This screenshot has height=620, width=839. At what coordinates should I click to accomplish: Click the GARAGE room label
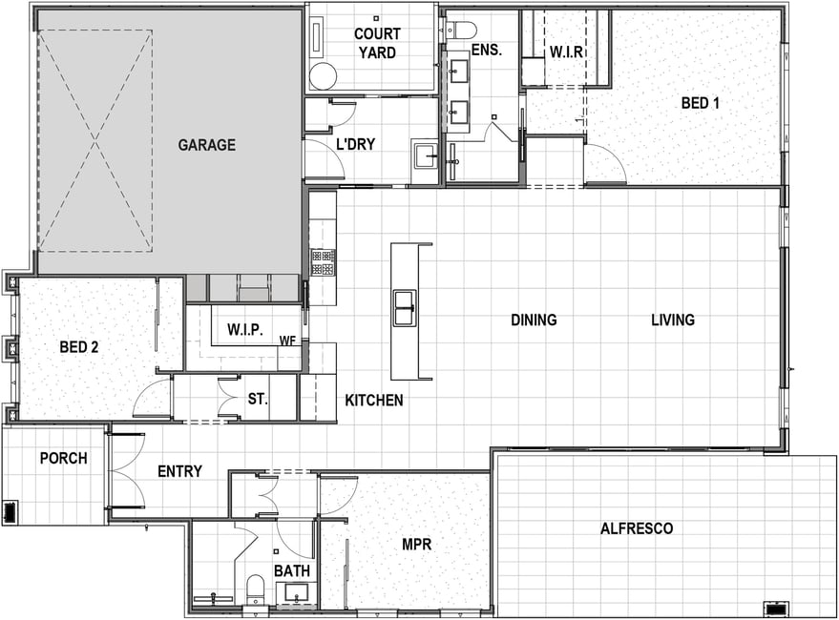[x=206, y=145]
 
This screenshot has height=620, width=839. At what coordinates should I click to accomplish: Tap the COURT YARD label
[x=377, y=43]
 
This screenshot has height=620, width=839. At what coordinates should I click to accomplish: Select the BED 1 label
[x=700, y=103]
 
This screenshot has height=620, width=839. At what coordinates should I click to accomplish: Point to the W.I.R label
[x=566, y=52]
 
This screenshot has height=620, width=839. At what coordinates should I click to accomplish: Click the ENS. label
[x=487, y=51]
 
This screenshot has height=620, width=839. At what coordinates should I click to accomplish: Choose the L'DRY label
[x=355, y=144]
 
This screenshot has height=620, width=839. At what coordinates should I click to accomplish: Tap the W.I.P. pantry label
[x=245, y=329]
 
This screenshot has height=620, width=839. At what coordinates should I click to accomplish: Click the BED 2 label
[x=79, y=347]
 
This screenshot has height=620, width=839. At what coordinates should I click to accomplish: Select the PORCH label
[x=64, y=459]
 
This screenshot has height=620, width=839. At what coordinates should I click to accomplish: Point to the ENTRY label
[x=179, y=471]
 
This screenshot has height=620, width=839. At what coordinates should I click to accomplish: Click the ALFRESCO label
[x=637, y=528]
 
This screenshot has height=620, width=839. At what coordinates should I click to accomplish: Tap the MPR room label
[x=416, y=545]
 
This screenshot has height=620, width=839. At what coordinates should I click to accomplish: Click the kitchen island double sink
[x=405, y=307]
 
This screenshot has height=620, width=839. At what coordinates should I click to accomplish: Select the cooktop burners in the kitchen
[x=324, y=262]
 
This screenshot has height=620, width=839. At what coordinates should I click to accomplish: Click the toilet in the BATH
[x=255, y=589]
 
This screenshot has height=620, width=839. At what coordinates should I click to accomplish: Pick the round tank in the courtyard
[x=324, y=76]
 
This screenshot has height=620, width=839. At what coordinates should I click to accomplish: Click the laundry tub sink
[x=427, y=155]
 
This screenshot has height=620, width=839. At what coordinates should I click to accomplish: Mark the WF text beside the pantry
[x=287, y=341]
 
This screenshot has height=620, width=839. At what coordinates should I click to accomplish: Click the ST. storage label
[x=258, y=399]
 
